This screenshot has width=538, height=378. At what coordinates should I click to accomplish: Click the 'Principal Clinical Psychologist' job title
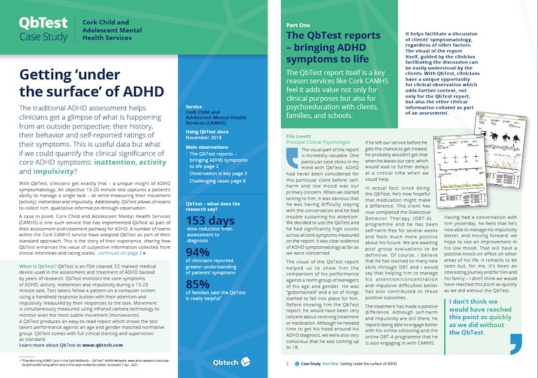325,142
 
